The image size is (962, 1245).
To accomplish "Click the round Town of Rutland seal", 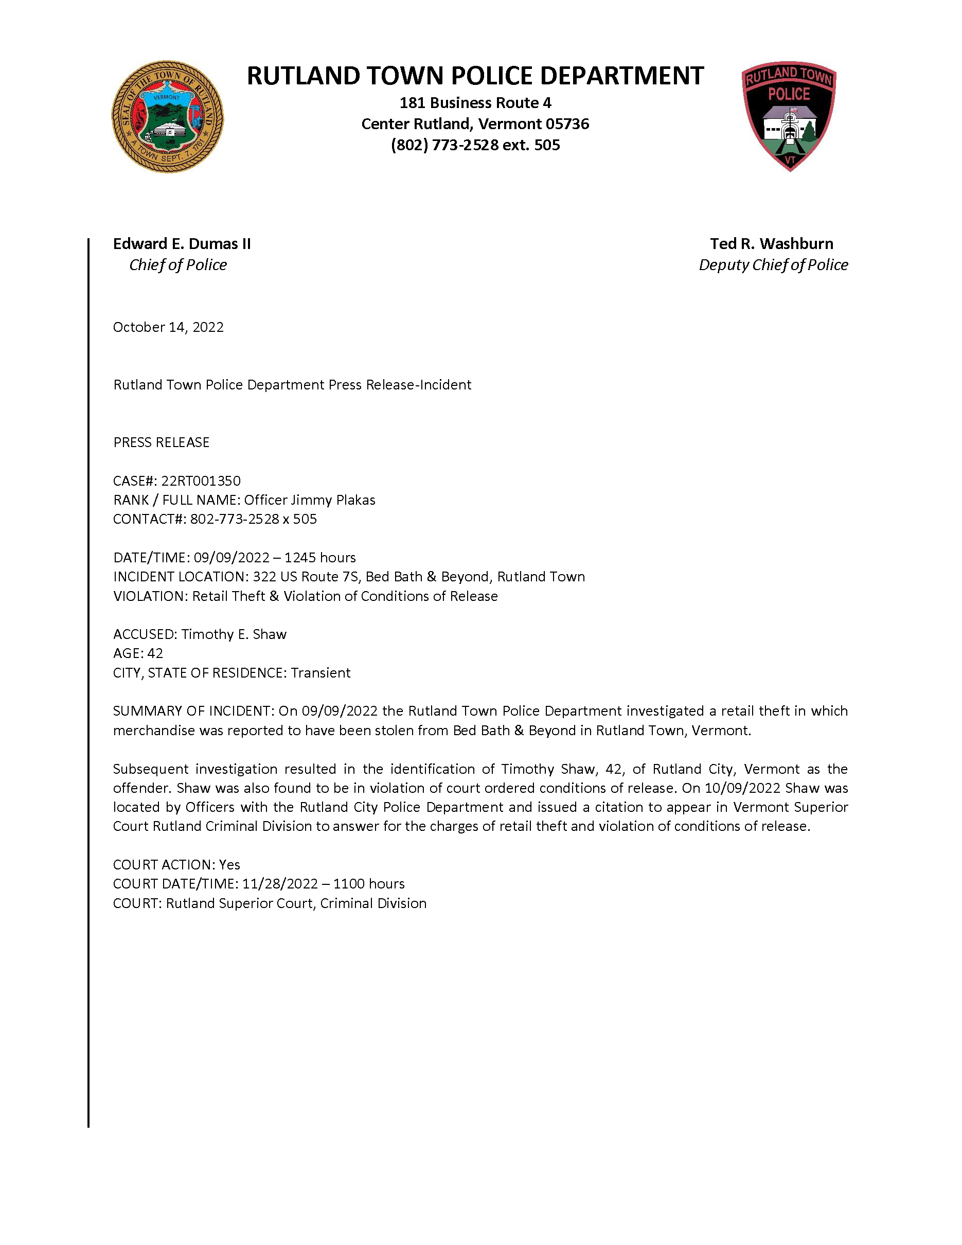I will click(x=168, y=117).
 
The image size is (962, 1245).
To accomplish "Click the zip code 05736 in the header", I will click(x=567, y=124).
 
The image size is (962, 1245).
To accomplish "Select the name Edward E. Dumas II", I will click(x=182, y=244).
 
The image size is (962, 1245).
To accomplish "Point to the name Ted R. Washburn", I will click(x=771, y=244).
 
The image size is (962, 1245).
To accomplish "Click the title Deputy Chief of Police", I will click(x=773, y=265).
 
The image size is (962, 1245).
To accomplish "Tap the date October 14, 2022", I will click(x=168, y=327).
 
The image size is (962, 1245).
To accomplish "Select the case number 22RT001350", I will click(x=201, y=481).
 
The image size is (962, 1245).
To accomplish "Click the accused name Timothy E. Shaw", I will click(x=234, y=634).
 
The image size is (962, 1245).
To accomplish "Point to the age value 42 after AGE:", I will click(x=155, y=653).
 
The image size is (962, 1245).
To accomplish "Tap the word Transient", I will click(x=320, y=673).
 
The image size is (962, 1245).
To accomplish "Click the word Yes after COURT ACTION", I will click(x=229, y=865).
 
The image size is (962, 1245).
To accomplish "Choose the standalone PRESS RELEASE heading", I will click(x=162, y=442).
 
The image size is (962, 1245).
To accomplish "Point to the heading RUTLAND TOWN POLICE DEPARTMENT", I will click(x=475, y=76).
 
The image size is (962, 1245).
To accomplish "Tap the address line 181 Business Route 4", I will click(x=475, y=103).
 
